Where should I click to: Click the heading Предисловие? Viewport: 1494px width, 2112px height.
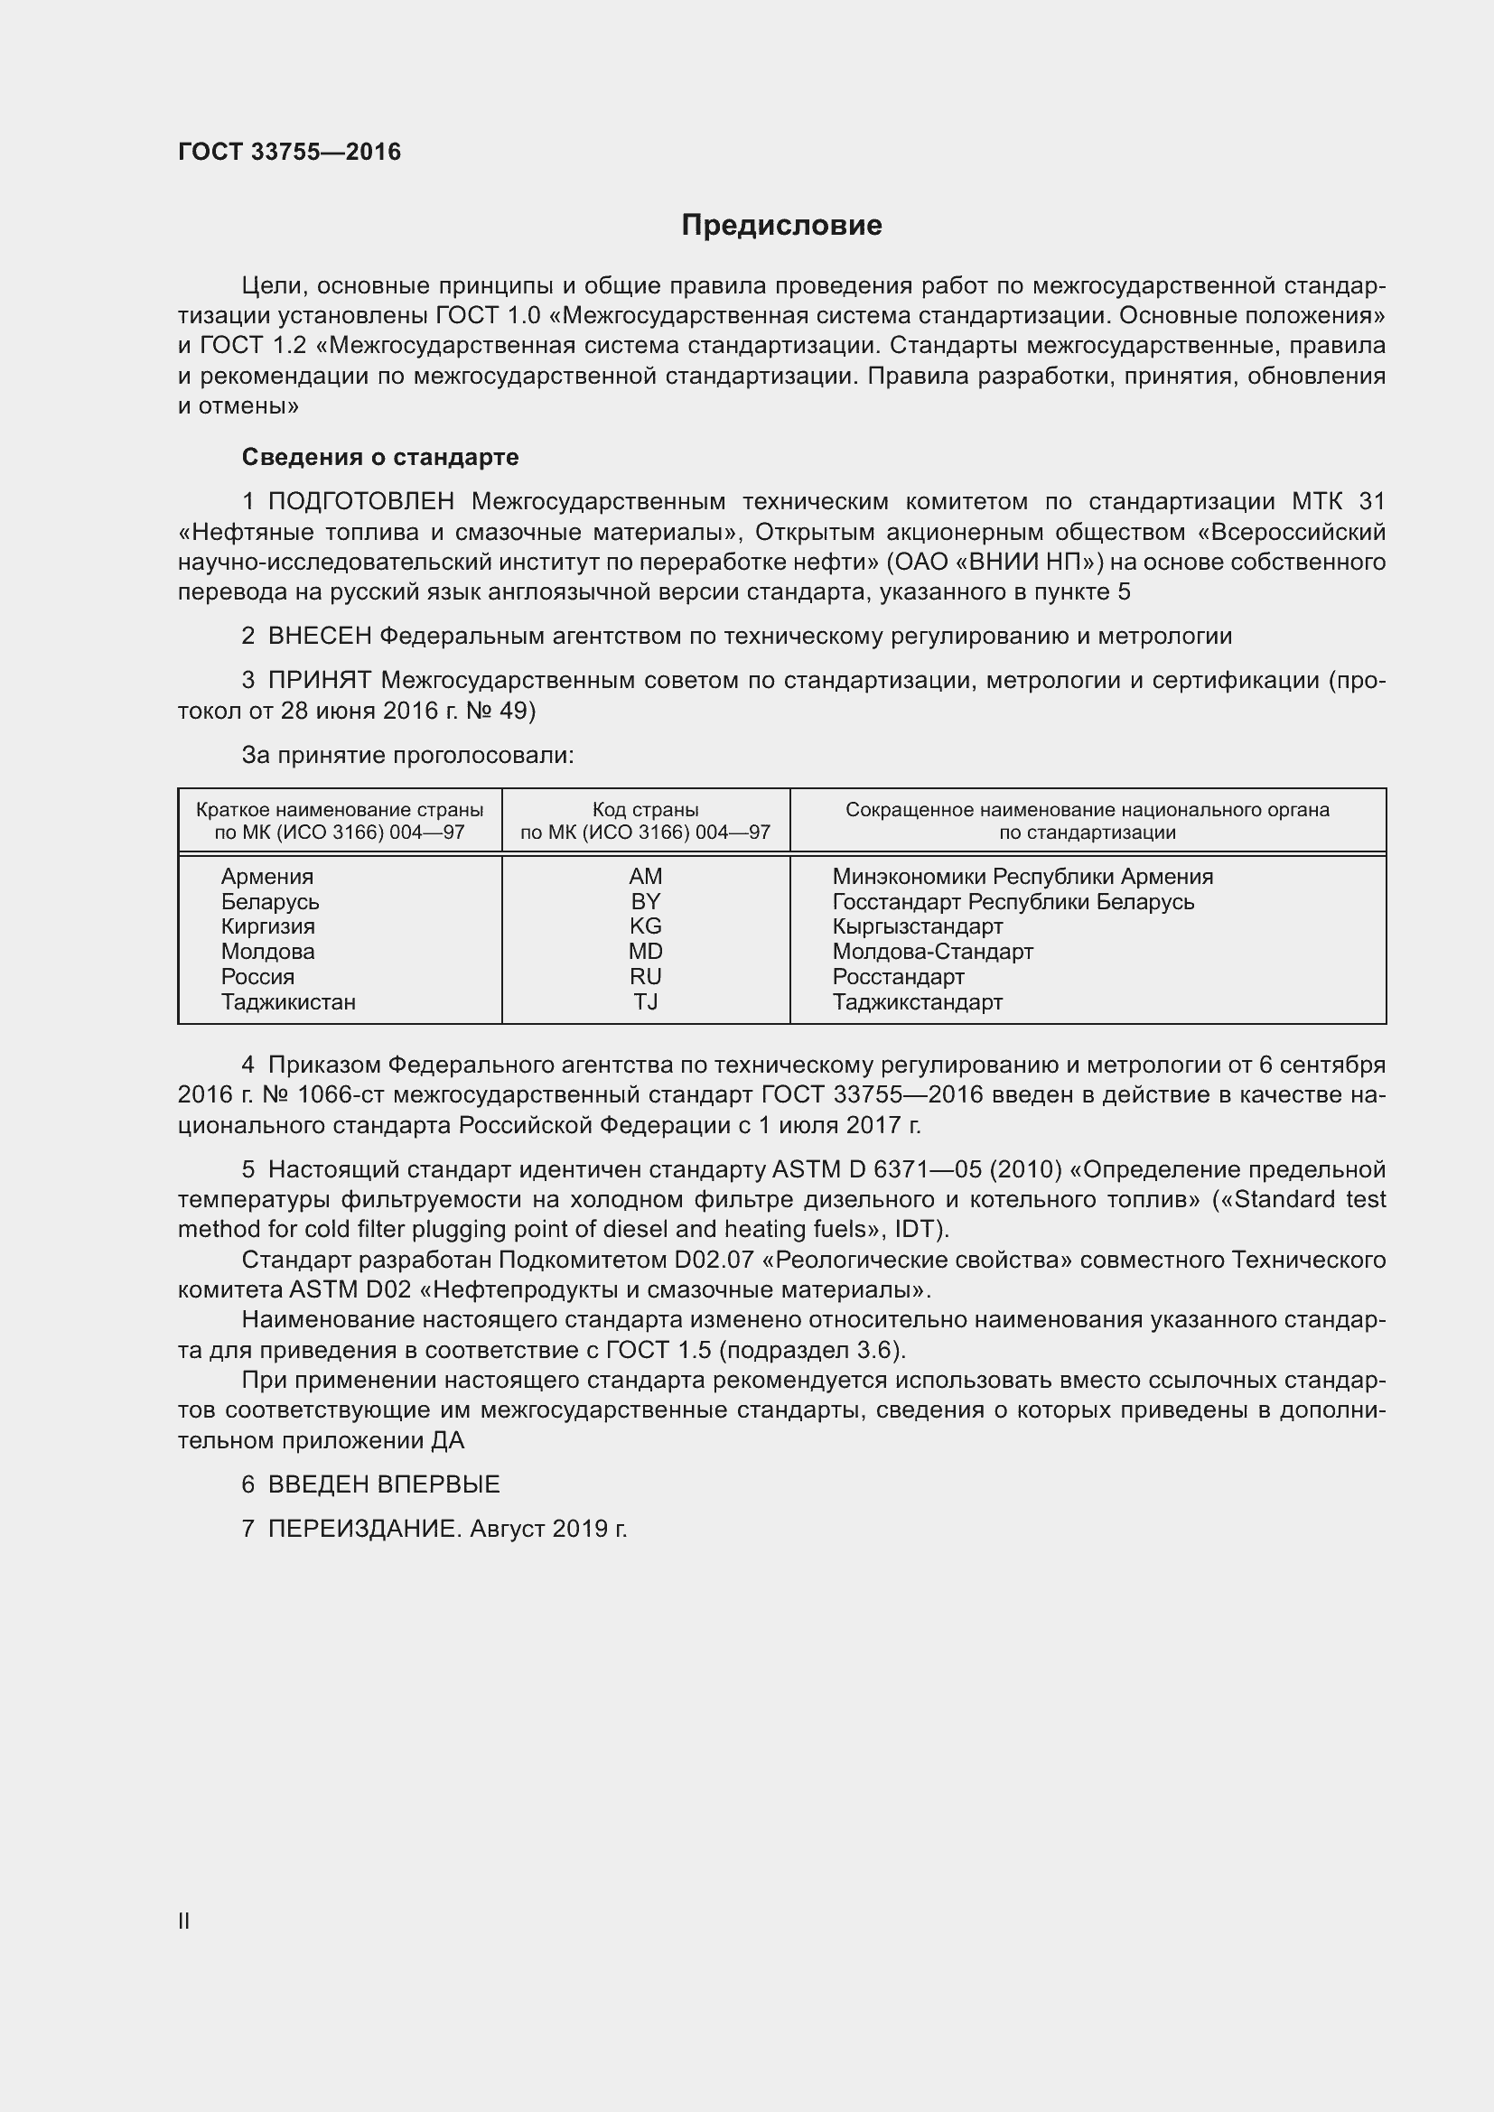(781, 226)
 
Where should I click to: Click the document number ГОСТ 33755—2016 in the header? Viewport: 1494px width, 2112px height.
(289, 152)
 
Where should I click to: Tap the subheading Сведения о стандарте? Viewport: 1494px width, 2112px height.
(380, 457)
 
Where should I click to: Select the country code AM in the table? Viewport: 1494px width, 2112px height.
(645, 877)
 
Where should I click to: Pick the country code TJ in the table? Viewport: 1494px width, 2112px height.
(645, 1001)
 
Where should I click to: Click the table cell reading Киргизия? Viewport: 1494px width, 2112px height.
(267, 926)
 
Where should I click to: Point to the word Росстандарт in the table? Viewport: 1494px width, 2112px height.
(898, 977)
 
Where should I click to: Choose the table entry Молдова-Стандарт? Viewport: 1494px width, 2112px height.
(932, 952)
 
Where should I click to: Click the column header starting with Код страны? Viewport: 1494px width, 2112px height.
(645, 810)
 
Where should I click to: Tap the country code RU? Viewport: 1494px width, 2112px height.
(645, 977)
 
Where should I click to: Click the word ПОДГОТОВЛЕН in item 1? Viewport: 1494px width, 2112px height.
(360, 501)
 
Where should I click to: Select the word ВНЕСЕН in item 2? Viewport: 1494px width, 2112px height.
(319, 637)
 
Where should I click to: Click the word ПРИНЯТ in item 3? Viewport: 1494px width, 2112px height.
(319, 681)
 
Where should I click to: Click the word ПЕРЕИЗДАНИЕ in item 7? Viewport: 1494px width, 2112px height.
(362, 1529)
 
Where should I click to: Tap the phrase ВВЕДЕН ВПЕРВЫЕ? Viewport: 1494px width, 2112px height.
(384, 1484)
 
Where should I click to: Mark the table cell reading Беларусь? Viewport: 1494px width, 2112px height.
(269, 901)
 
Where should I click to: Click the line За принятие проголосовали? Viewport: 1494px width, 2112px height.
(407, 755)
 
